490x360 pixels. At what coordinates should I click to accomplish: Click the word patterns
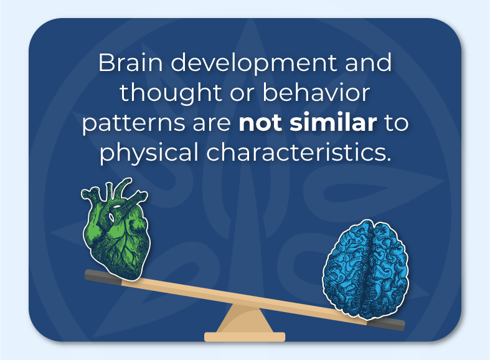(126, 123)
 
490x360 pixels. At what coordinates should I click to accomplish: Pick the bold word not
(261, 123)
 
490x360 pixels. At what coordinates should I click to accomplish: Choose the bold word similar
(334, 123)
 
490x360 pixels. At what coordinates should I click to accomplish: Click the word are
(204, 123)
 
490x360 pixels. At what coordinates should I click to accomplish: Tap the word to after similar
(397, 123)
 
